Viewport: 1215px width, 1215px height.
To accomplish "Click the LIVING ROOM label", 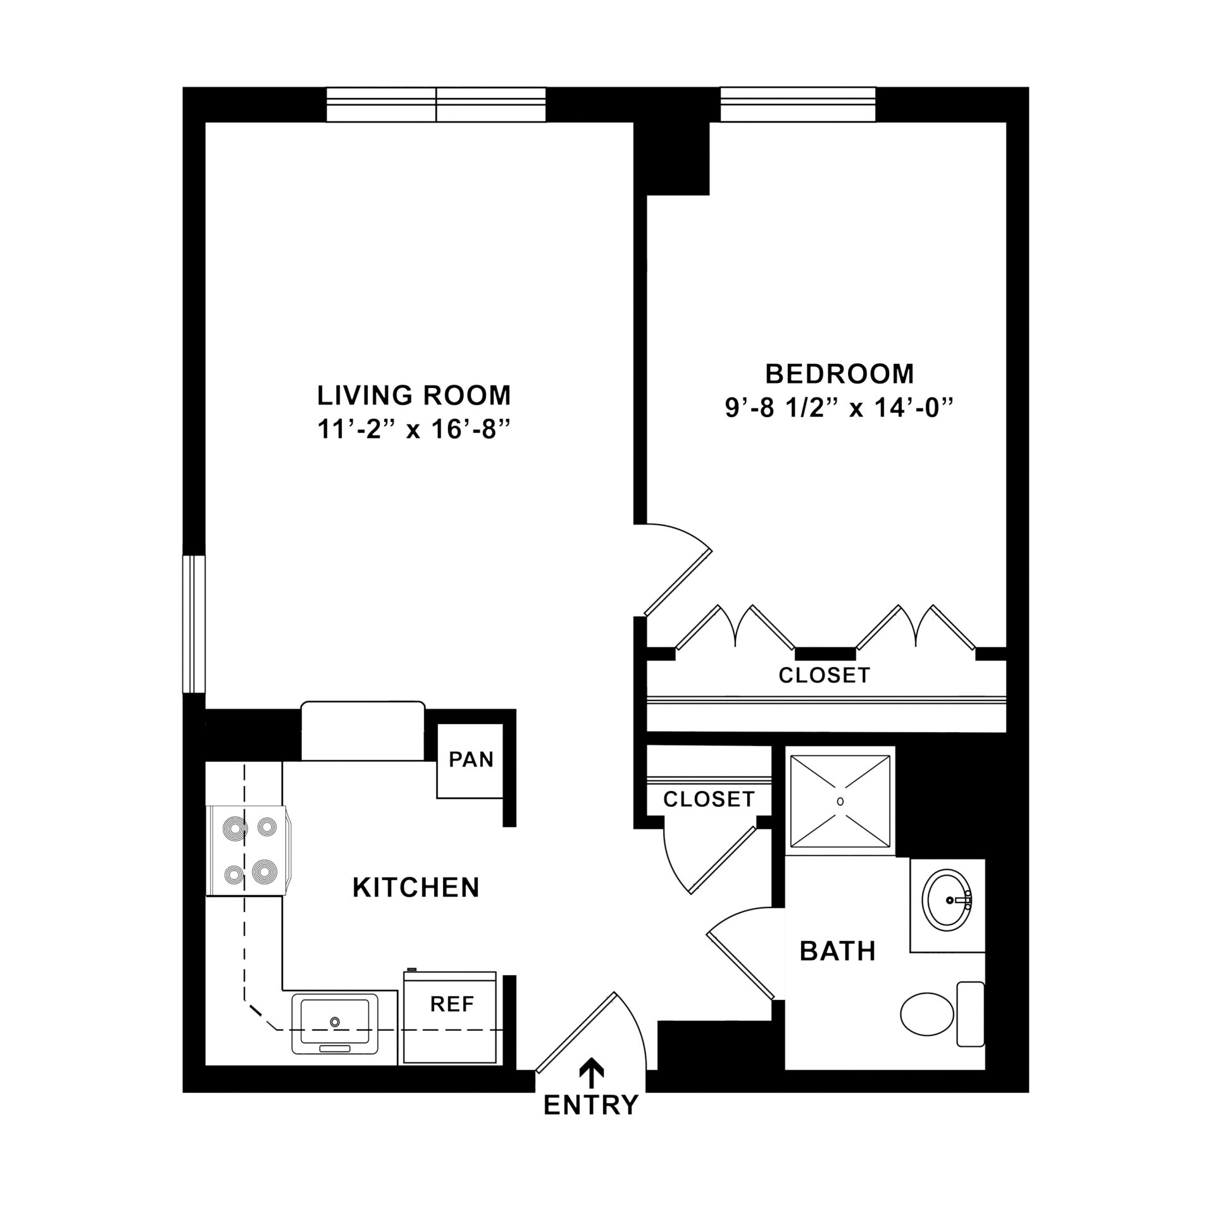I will pyautogui.click(x=414, y=396).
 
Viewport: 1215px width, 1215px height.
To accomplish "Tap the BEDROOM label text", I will pyautogui.click(x=839, y=374).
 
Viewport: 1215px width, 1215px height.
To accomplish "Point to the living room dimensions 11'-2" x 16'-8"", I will pyautogui.click(x=414, y=430).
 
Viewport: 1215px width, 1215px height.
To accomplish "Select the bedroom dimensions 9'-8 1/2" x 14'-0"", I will pyautogui.click(x=839, y=409).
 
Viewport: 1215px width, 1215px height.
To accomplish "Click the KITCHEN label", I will pyautogui.click(x=416, y=888).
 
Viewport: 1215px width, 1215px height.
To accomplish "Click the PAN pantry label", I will pyautogui.click(x=471, y=759).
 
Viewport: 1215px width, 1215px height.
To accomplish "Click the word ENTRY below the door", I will pyautogui.click(x=591, y=1123).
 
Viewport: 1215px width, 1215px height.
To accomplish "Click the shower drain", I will pyautogui.click(x=840, y=801).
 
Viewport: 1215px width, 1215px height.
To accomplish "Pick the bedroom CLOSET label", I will pyautogui.click(x=825, y=675).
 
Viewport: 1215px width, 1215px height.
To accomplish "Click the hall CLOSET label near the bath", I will pyautogui.click(x=709, y=799).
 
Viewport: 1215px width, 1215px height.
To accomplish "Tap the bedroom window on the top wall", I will pyautogui.click(x=797, y=104).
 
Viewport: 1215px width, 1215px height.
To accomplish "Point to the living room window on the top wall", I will pyautogui.click(x=436, y=104).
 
